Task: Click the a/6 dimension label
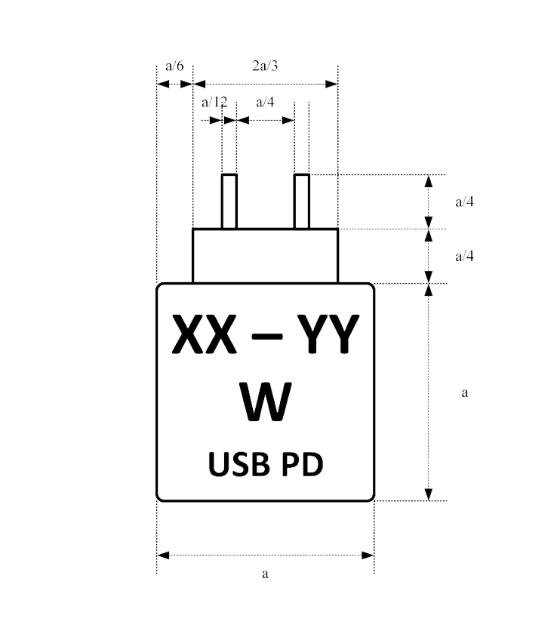[174, 66]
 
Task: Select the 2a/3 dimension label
[265, 66]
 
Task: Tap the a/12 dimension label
[214, 102]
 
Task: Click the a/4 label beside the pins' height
[464, 202]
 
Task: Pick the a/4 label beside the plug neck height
[464, 257]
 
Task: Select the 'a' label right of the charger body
[464, 392]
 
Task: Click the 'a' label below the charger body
[265, 574]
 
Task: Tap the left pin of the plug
[229, 201]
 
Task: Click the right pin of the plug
[302, 201]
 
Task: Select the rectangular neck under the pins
[265, 256]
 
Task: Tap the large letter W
[266, 402]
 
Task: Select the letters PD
[302, 465]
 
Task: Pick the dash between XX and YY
[265, 338]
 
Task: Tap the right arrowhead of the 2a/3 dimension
[331, 84]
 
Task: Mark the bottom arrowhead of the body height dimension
[429, 494]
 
